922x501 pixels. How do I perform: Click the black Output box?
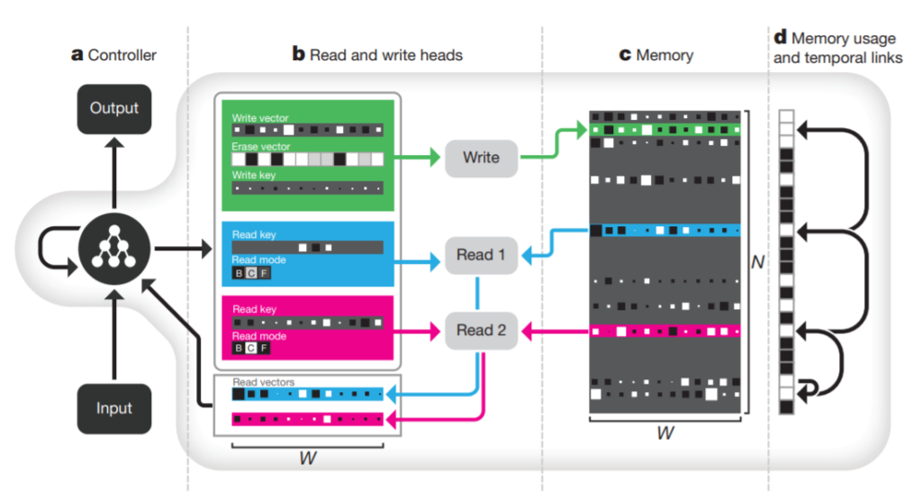[x=114, y=109]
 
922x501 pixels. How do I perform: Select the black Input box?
[x=114, y=408]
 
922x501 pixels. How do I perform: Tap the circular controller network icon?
[x=114, y=249]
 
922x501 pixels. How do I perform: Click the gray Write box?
[x=481, y=158]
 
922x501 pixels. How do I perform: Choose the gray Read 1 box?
[x=481, y=255]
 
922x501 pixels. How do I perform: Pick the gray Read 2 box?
[x=481, y=331]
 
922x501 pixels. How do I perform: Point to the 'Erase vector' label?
[x=260, y=147]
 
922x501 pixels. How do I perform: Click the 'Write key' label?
[x=253, y=175]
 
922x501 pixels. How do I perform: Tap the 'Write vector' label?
[x=260, y=118]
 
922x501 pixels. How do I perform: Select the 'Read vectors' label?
[x=264, y=382]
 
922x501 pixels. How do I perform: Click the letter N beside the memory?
[x=757, y=262]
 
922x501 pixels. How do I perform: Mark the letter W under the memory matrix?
[x=665, y=433]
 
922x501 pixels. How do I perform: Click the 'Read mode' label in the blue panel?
[x=258, y=260]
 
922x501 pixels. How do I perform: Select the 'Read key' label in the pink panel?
[x=254, y=309]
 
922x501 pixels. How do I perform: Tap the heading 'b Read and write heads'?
[x=377, y=55]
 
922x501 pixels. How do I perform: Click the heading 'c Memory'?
[x=656, y=55]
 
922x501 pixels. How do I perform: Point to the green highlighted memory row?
[x=665, y=130]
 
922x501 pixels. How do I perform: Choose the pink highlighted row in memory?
[x=665, y=332]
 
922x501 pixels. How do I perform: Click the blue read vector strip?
[x=308, y=394]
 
